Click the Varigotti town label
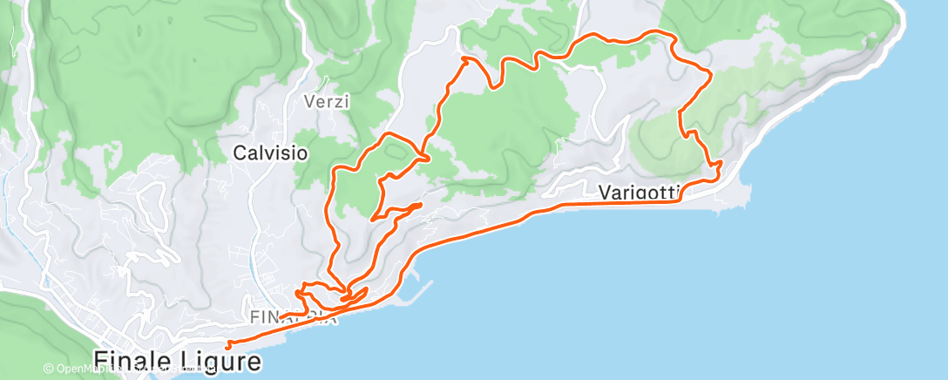click(x=640, y=193)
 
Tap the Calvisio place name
click(x=270, y=153)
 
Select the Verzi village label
click(x=327, y=102)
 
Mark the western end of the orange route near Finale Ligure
click(x=227, y=343)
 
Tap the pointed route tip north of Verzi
click(x=464, y=58)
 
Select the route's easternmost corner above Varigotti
click(x=711, y=74)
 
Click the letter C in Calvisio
click(x=240, y=153)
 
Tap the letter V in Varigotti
click(x=606, y=193)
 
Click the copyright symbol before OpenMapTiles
click(x=50, y=369)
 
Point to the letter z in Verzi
click(x=339, y=102)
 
